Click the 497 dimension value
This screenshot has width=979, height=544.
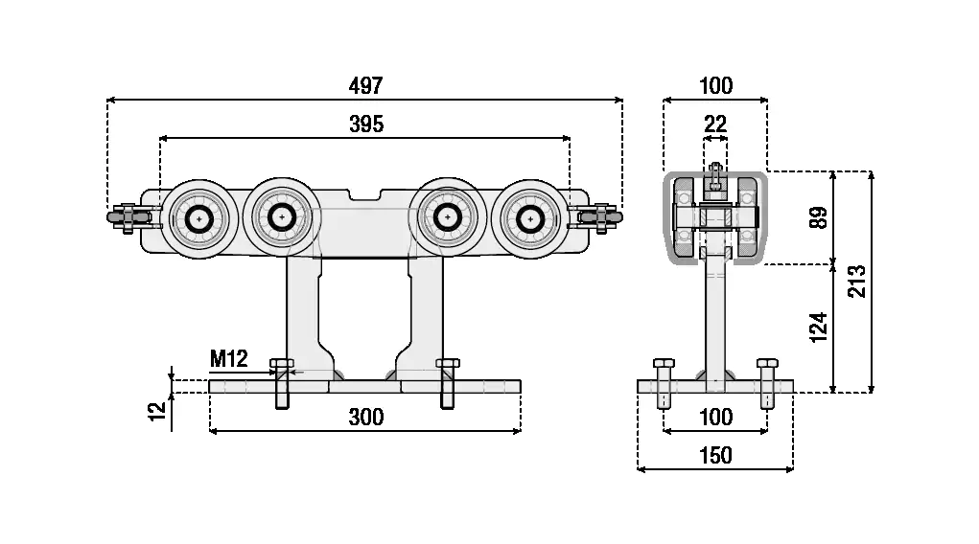(x=365, y=85)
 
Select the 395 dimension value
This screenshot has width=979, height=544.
(x=365, y=125)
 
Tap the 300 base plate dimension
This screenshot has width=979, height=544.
(x=365, y=417)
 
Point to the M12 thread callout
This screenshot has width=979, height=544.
(x=229, y=359)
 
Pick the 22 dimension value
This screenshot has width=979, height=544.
(x=715, y=125)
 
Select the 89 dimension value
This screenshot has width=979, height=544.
(x=817, y=216)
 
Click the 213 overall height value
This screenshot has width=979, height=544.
(x=858, y=282)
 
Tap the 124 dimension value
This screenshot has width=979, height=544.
(x=817, y=328)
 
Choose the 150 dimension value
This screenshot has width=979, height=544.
(x=715, y=455)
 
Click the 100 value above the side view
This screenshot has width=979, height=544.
(x=715, y=85)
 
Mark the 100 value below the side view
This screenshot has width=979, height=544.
(x=715, y=417)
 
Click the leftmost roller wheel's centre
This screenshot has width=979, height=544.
(x=199, y=218)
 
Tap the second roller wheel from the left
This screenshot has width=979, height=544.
(x=281, y=217)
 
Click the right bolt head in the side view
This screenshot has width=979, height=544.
(x=766, y=365)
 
